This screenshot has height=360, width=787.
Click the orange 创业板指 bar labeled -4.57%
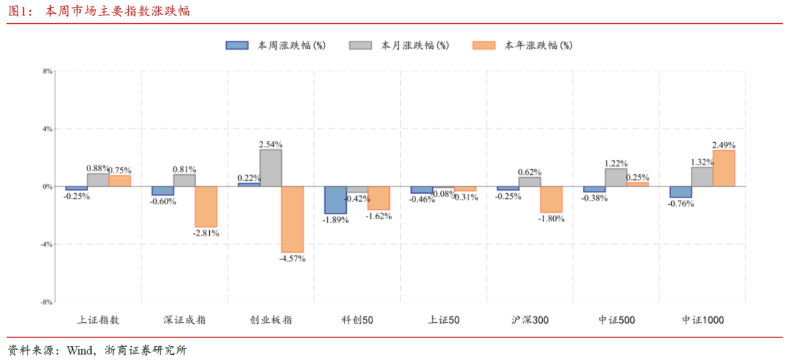click(x=292, y=219)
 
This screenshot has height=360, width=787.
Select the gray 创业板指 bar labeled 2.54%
click(x=270, y=168)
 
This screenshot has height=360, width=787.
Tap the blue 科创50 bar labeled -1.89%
click(x=335, y=200)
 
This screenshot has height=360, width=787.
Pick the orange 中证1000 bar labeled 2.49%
click(x=724, y=168)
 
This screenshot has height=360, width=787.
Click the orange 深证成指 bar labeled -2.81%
click(x=205, y=207)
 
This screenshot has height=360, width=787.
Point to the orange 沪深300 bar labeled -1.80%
click(x=551, y=200)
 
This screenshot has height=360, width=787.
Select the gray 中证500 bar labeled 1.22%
click(x=616, y=178)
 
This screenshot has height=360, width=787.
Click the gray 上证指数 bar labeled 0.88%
click(x=98, y=180)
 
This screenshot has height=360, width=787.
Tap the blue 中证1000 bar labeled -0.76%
click(x=681, y=192)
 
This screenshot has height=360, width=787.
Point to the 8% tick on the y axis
click(x=47, y=71)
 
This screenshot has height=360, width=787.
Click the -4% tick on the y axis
click(x=47, y=244)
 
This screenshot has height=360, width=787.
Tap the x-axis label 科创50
click(x=357, y=320)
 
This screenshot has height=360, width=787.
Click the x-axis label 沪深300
click(x=530, y=320)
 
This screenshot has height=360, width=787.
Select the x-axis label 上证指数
click(x=98, y=320)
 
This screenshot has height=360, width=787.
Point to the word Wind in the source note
click(x=79, y=350)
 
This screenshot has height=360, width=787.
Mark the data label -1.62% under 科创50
click(x=379, y=216)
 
